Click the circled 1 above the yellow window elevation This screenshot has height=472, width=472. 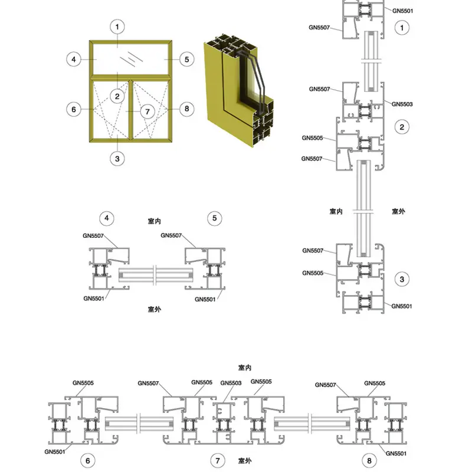[x=118, y=27]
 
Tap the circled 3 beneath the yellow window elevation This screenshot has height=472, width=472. [x=118, y=158]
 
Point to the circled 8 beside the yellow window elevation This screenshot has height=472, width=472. [x=186, y=109]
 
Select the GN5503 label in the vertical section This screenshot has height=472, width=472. [x=402, y=104]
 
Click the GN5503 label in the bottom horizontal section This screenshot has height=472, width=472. [x=231, y=382]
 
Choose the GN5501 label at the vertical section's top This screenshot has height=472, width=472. [x=402, y=11]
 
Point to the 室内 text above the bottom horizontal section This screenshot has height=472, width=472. [x=245, y=368]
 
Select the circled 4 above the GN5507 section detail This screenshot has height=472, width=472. [x=107, y=218]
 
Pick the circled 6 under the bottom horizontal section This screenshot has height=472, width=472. [x=87, y=461]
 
